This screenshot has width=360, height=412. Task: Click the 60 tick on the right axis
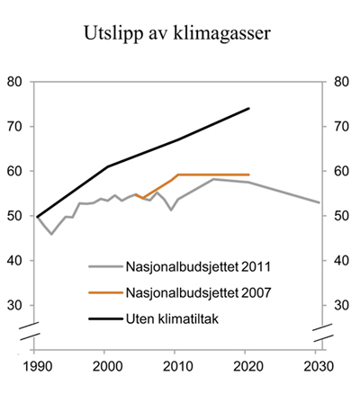341,171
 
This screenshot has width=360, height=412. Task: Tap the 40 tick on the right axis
341,261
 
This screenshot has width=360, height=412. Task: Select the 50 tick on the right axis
341,216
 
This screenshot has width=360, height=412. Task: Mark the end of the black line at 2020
248,109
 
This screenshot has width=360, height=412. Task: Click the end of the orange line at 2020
248,175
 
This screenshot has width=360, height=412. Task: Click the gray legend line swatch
106,266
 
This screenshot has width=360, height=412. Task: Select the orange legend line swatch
106,292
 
